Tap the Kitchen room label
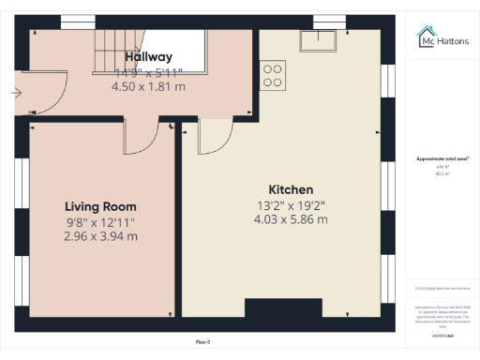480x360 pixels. (291, 189)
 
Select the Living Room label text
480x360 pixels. (100, 206)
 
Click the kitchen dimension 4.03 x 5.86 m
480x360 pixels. (291, 219)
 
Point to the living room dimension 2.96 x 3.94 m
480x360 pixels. (100, 236)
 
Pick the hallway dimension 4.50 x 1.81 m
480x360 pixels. (147, 86)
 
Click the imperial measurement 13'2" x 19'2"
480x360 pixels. (291, 204)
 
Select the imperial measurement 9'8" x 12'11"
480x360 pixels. (100, 221)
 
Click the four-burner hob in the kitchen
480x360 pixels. (274, 75)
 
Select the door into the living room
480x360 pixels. (141, 138)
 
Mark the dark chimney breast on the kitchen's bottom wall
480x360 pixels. (283, 308)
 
